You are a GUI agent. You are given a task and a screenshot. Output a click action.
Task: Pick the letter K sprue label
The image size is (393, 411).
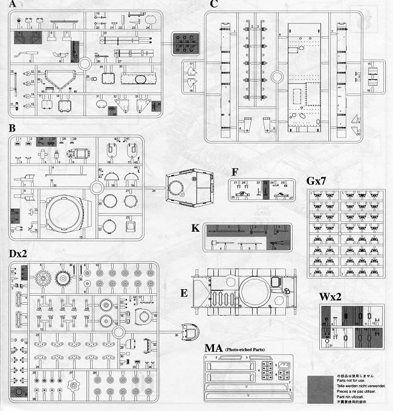[x=195, y=230]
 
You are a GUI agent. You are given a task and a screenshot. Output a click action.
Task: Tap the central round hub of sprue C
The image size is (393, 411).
[x=278, y=77]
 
